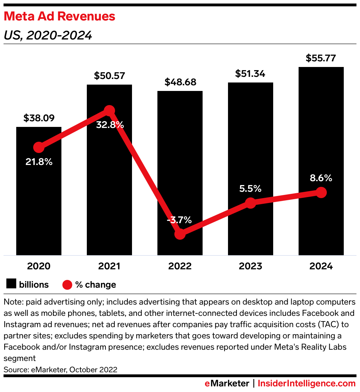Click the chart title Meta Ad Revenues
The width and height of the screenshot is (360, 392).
tap(59, 16)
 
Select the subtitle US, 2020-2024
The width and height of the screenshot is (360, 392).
tap(48, 36)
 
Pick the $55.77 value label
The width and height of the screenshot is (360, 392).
tap(321, 58)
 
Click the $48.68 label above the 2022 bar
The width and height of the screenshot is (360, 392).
tap(180, 82)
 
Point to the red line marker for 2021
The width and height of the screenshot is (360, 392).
tap(109, 111)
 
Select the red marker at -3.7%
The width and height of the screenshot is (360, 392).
tap(180, 234)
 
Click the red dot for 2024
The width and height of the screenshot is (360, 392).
tap(321, 192)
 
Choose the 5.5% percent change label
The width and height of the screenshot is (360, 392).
tap(250, 189)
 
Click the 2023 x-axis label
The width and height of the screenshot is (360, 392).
tap(250, 266)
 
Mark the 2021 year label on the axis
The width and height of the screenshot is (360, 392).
tap(109, 266)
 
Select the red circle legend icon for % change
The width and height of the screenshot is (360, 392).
tap(67, 284)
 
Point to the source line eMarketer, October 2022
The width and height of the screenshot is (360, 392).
tap(60, 370)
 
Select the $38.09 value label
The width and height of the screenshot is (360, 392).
tap(39, 118)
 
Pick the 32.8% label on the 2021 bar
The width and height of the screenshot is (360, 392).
tap(109, 125)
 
